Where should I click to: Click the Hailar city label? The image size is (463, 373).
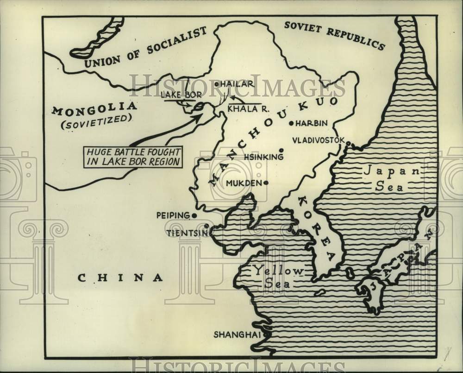(x=238, y=84)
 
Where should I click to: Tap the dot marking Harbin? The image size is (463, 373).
(x=291, y=123)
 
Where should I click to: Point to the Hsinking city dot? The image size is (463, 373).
(x=281, y=150)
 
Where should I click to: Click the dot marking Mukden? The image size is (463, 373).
(x=266, y=183)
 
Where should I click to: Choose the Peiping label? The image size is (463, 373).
(x=173, y=215)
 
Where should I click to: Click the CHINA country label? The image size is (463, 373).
(x=120, y=278)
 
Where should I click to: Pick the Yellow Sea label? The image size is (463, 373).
(x=277, y=277)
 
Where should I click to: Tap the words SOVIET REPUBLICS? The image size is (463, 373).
(x=334, y=34)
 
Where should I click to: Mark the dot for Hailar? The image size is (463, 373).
(x=216, y=84)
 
